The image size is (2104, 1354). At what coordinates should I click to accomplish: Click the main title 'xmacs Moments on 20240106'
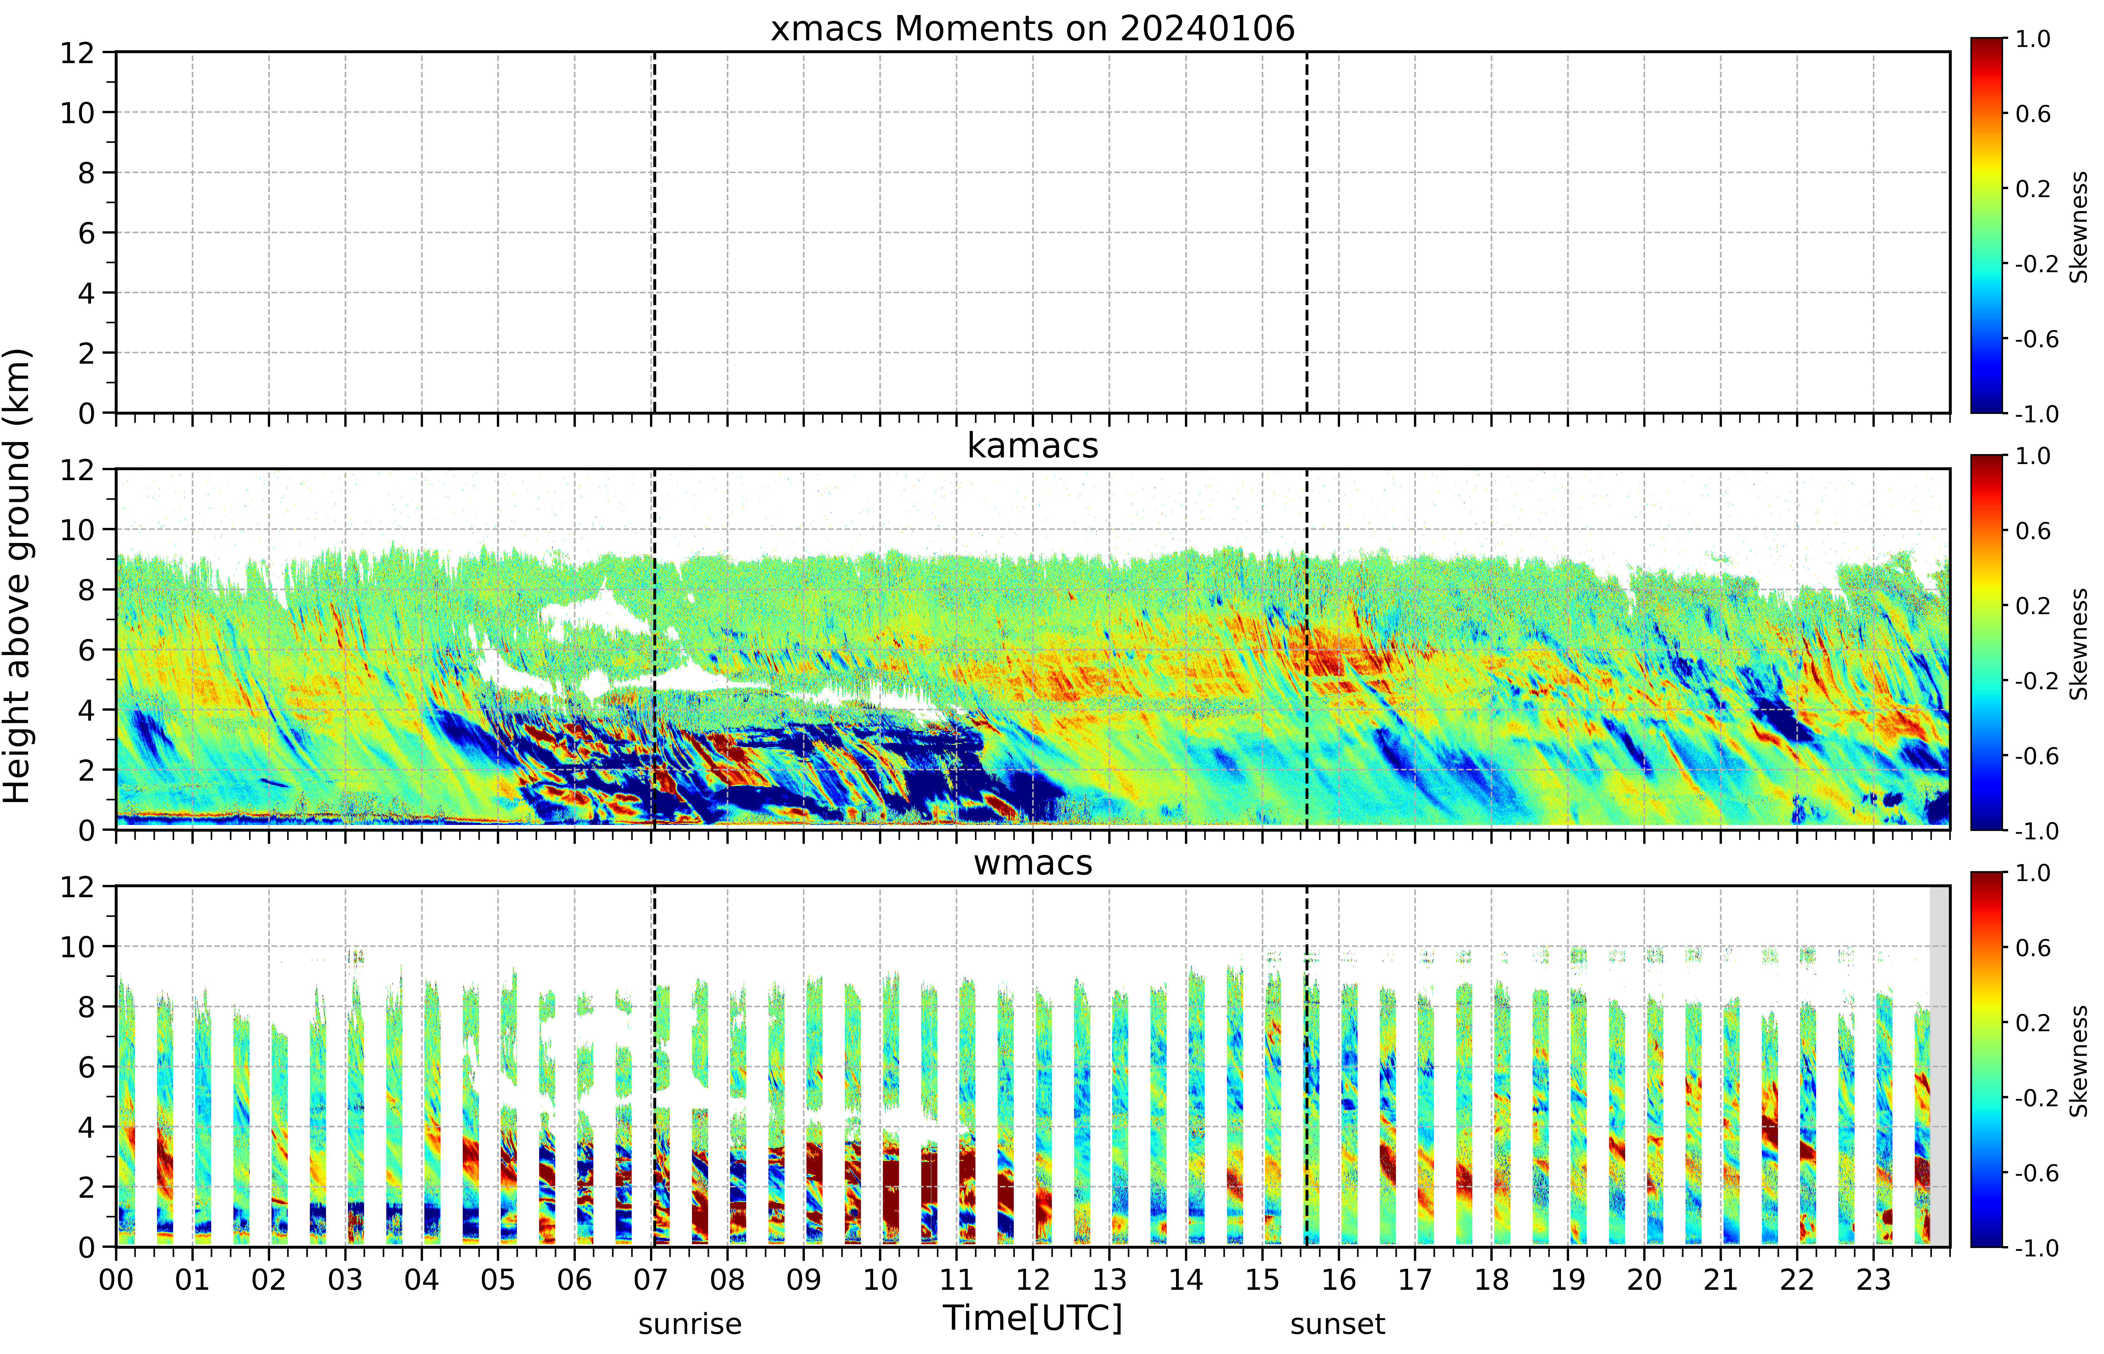[1033, 29]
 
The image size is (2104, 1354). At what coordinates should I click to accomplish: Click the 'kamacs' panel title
[1033, 446]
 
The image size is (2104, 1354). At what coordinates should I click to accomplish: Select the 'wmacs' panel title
[1033, 862]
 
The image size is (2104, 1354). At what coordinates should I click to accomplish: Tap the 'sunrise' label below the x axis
[690, 1323]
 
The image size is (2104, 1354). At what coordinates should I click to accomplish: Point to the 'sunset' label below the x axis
[1338, 1323]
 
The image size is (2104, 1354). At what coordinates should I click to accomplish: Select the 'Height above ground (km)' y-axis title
[18, 576]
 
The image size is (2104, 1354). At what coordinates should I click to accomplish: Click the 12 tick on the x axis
[1033, 1279]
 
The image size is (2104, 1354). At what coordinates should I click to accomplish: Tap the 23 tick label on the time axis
[1873, 1279]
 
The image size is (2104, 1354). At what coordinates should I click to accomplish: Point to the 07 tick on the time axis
[650, 1279]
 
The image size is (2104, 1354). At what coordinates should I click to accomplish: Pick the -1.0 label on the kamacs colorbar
[2036, 831]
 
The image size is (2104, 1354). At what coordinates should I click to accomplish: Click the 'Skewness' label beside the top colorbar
[2078, 227]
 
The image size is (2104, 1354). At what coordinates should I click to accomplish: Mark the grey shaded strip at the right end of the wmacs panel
[1939, 1066]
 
